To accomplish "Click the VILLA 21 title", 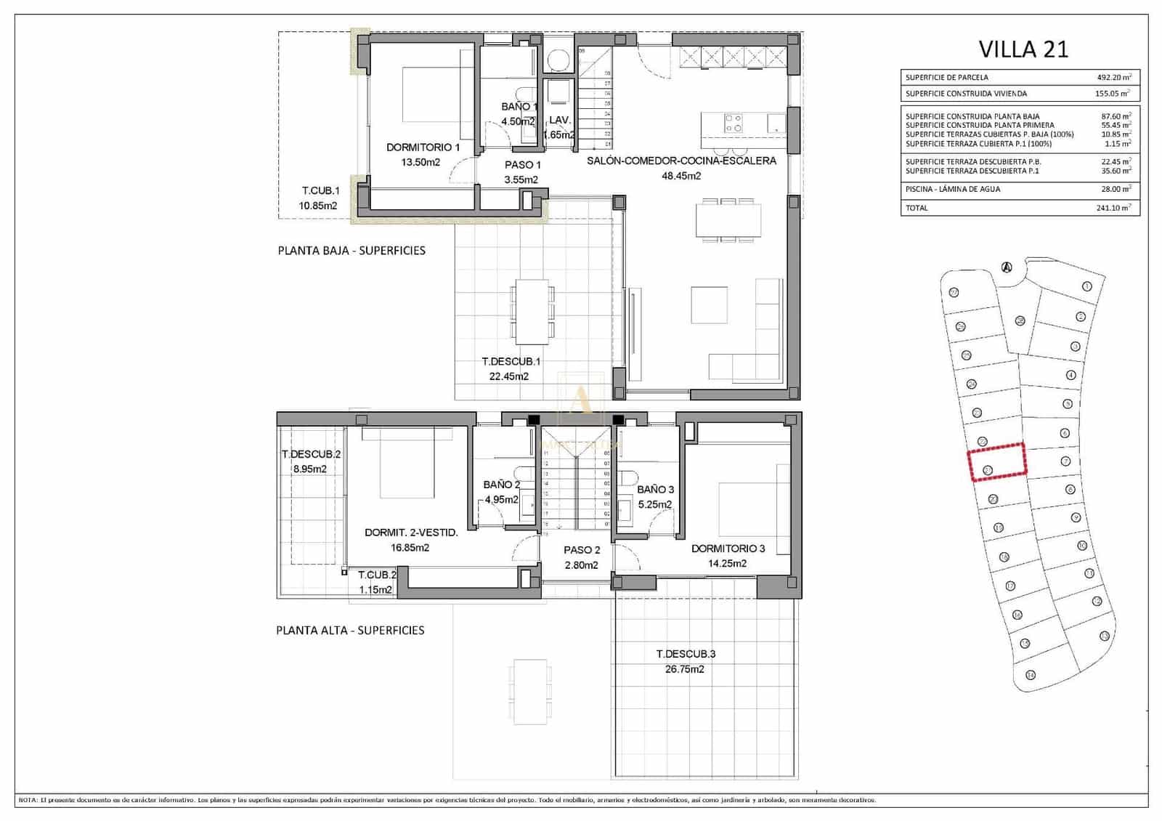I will tap(1023, 49).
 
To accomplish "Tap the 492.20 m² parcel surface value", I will tap(1113, 77).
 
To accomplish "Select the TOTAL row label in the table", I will tap(917, 208).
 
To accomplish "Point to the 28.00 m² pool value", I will tap(1116, 189).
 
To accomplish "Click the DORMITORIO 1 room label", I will tap(423, 147).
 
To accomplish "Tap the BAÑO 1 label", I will tap(519, 107).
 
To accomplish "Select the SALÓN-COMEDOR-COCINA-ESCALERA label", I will tap(681, 161).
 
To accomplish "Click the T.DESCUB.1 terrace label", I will tap(511, 361).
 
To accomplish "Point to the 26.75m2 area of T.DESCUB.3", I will tap(684, 669).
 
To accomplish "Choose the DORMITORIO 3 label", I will tap(728, 549).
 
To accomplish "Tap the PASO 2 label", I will tap(582, 550).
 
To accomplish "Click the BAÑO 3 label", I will tap(655, 490).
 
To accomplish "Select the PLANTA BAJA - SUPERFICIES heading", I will tap(352, 251).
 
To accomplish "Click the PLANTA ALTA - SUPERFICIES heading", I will tap(350, 631).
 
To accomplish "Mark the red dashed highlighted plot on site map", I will tap(997, 461).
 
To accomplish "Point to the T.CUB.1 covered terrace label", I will tap(320, 191).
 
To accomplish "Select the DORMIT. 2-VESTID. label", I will tap(411, 533).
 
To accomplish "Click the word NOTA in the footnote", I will tap(28, 800).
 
